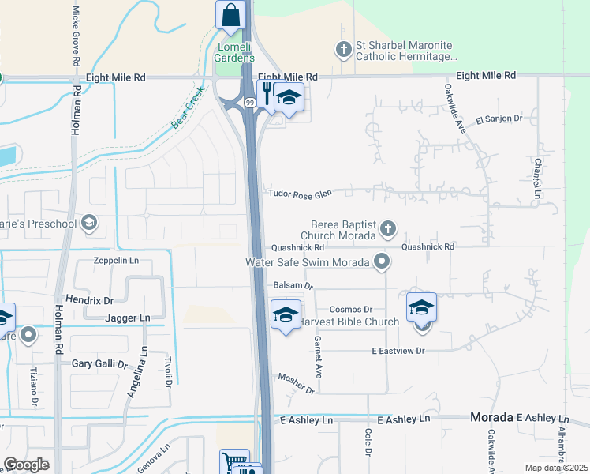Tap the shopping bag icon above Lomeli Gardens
click(x=230, y=15)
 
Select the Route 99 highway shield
click(x=249, y=102)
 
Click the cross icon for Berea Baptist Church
click(x=386, y=229)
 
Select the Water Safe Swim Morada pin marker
click(x=383, y=261)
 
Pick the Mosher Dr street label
click(x=296, y=383)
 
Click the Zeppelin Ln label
click(x=116, y=260)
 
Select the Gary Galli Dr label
click(x=99, y=364)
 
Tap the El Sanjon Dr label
click(x=499, y=119)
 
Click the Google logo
click(x=27, y=465)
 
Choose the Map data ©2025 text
click(x=555, y=468)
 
